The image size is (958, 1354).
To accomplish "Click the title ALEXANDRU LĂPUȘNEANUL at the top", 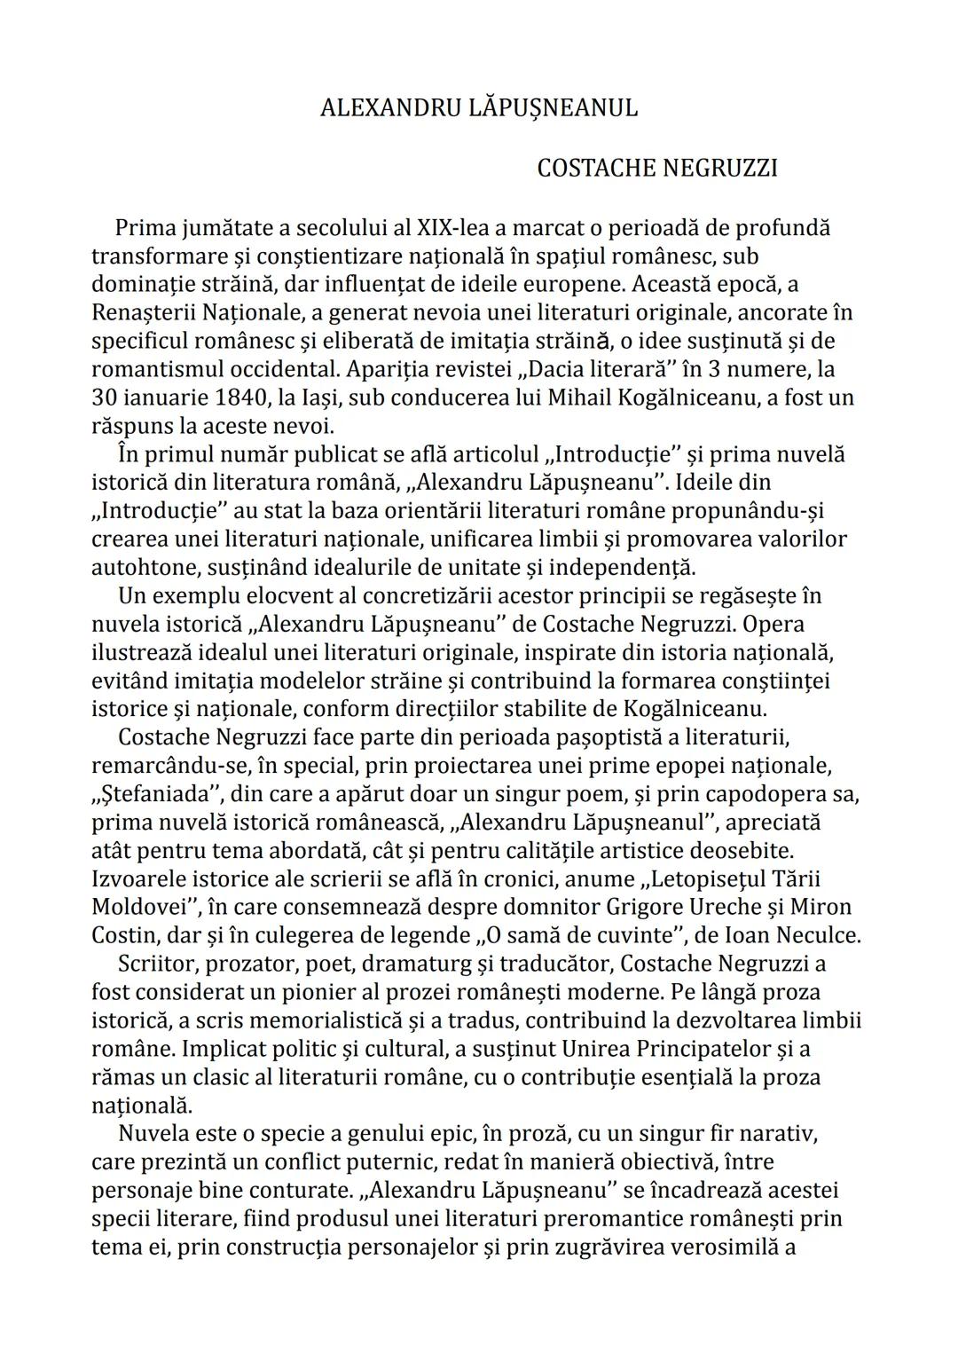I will (x=478, y=108).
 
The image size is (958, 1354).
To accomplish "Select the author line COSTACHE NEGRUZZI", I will (x=656, y=169).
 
